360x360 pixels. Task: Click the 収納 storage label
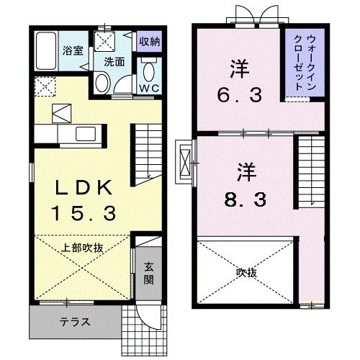point(150,41)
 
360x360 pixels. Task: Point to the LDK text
point(85,189)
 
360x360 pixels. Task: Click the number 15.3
point(85,212)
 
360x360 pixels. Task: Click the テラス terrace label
point(75,322)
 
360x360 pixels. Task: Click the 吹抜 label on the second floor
point(246,272)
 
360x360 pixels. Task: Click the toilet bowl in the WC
point(150,72)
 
